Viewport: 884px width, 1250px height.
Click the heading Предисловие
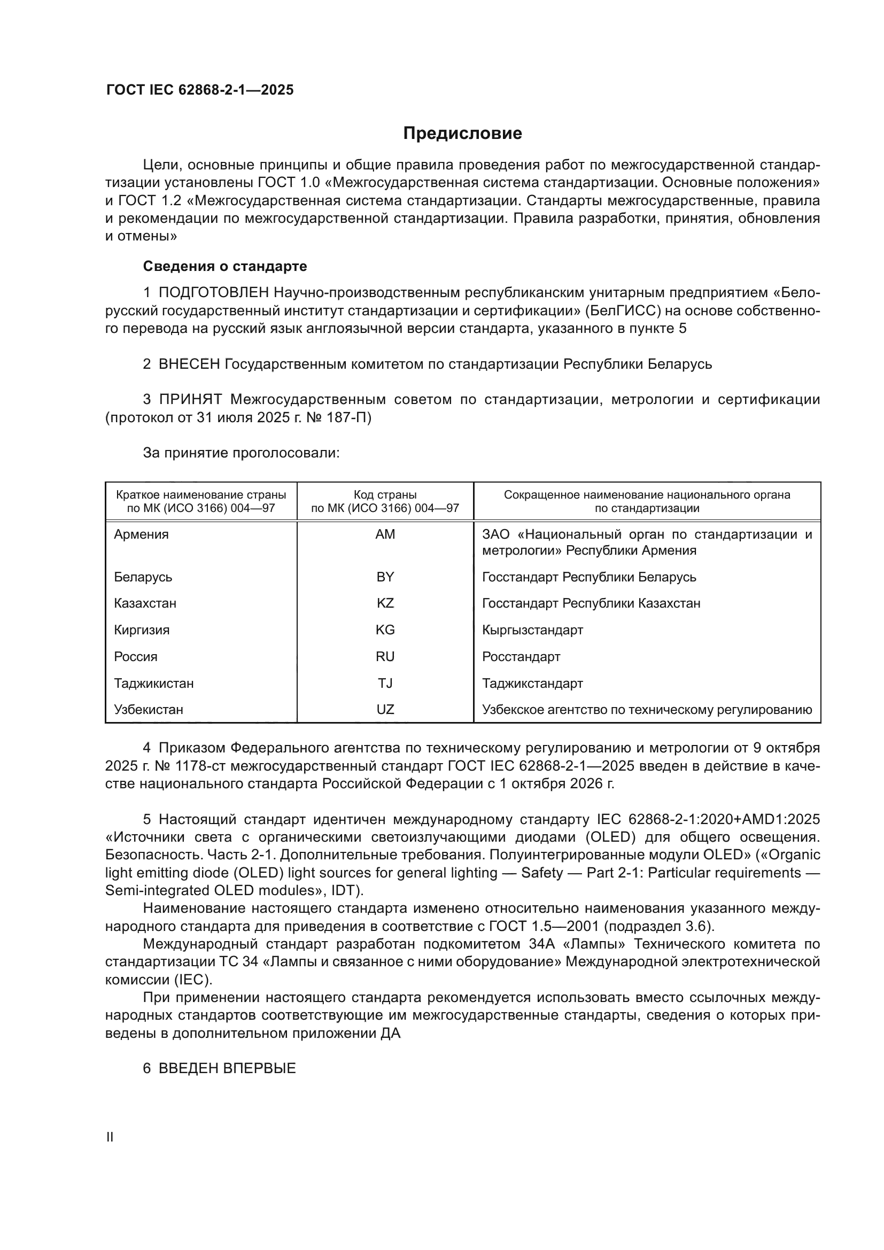pos(462,134)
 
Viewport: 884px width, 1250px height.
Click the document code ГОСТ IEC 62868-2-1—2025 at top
pos(200,90)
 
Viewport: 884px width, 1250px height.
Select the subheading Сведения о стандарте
pos(225,266)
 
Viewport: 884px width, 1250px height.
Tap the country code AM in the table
pos(385,534)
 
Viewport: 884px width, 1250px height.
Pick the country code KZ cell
pos(385,603)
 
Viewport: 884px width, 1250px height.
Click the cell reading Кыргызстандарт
pos(532,630)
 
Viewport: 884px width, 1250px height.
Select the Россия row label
pos(136,657)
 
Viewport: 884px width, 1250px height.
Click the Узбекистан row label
pos(149,709)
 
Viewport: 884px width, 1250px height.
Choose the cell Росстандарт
pos(521,657)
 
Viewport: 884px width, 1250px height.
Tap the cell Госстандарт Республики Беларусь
pos(589,577)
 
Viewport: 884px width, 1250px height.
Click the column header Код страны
pos(385,495)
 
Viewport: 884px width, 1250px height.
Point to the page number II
pos(110,1137)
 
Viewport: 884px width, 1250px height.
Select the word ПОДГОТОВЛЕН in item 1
pos(213,293)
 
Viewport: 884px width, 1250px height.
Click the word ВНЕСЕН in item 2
pos(189,364)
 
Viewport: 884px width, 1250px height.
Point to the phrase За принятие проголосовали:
pos(241,453)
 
